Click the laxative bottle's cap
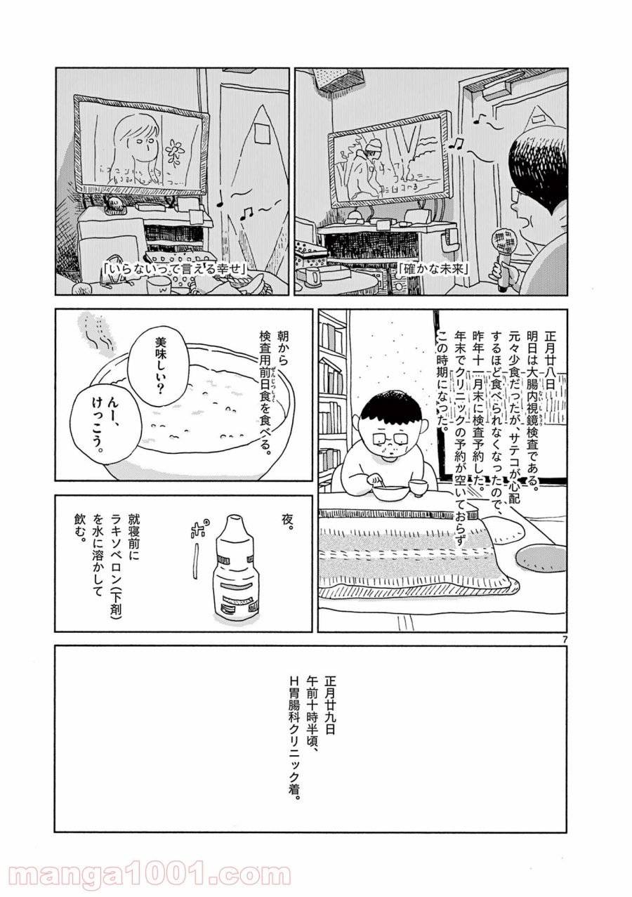click(230, 525)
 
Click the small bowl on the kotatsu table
click(419, 487)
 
